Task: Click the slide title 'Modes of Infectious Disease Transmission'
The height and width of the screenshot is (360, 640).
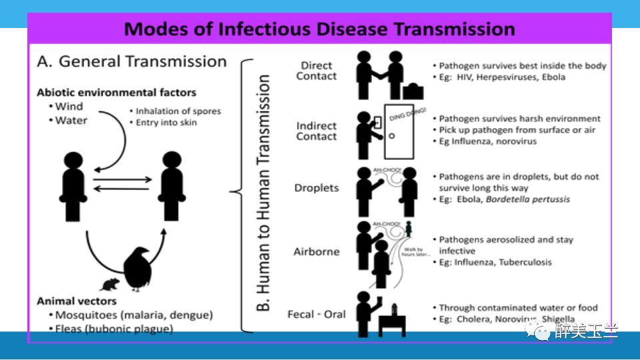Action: (319, 29)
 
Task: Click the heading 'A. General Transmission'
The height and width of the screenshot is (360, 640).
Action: (132, 61)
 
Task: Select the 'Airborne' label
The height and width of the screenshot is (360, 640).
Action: (316, 252)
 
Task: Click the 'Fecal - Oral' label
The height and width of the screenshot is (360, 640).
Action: (316, 313)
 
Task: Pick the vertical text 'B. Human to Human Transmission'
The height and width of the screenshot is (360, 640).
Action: (264, 193)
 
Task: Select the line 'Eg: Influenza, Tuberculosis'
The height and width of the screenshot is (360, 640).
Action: (495, 262)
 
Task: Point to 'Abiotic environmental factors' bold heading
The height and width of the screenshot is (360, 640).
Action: (117, 93)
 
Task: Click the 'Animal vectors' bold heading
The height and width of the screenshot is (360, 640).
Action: (77, 301)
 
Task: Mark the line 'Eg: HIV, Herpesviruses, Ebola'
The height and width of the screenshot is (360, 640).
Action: (501, 77)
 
